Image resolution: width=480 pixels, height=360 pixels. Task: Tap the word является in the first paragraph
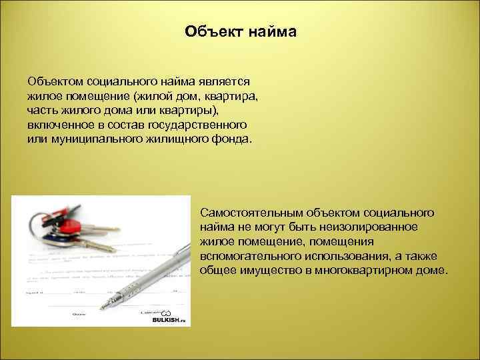click(x=224, y=81)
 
